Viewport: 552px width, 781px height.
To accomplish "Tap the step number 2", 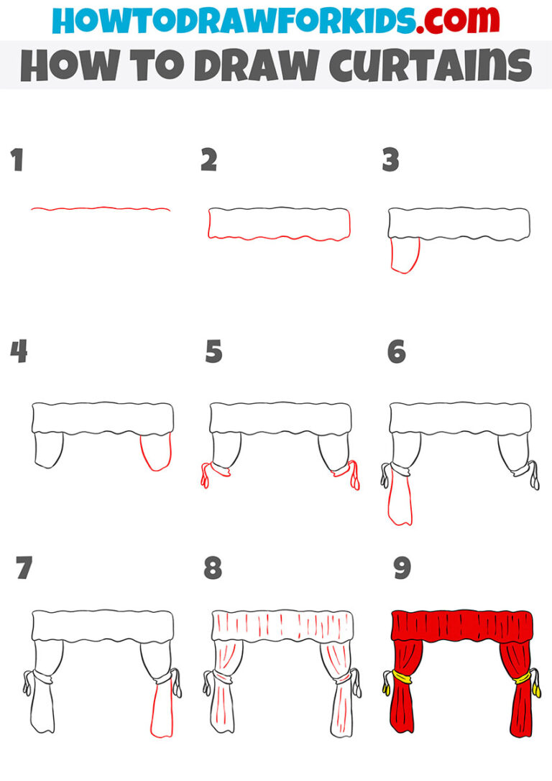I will pos(208,161).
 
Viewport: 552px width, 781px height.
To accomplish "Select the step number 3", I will pos(390,161).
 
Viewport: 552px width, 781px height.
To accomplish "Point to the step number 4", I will pos(19,352).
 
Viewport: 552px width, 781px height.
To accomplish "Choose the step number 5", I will pos(213,352).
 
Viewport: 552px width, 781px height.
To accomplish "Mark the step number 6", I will pos(396,352).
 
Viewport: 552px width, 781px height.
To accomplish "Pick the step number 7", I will pos(24,568).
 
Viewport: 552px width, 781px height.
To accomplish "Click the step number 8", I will pos(213,568).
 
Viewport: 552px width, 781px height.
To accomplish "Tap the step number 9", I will pos(402,568).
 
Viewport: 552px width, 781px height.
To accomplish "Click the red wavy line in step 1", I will pos(101,209).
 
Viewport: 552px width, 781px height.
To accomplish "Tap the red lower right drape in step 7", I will pos(162,711).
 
